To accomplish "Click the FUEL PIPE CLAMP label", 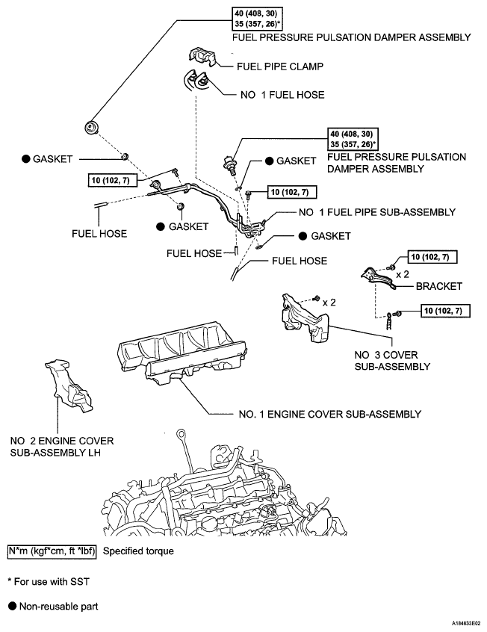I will point(280,66).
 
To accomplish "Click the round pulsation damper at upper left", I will point(94,127).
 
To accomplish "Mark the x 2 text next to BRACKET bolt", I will point(403,274).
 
